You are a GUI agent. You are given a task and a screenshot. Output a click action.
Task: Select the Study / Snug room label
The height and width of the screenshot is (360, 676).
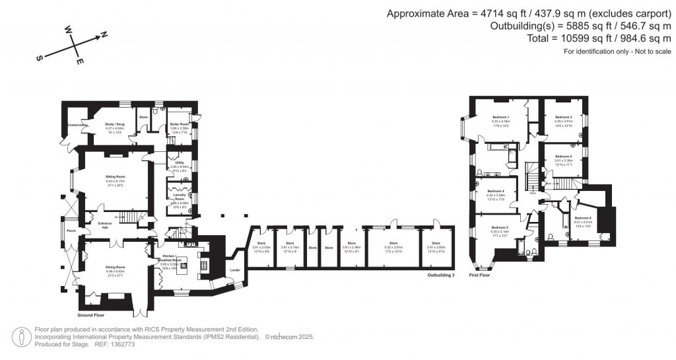pyautogui.click(x=115, y=124)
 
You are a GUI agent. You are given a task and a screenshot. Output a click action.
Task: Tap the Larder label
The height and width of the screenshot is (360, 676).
pyautogui.click(x=234, y=270)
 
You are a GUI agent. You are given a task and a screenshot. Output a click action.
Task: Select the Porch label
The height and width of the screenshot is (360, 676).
pyautogui.click(x=71, y=231)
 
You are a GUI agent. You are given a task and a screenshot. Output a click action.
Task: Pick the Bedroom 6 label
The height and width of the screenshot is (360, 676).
pyautogui.click(x=583, y=218)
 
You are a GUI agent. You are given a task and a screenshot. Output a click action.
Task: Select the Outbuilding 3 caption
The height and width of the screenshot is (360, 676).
pyautogui.click(x=441, y=274)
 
